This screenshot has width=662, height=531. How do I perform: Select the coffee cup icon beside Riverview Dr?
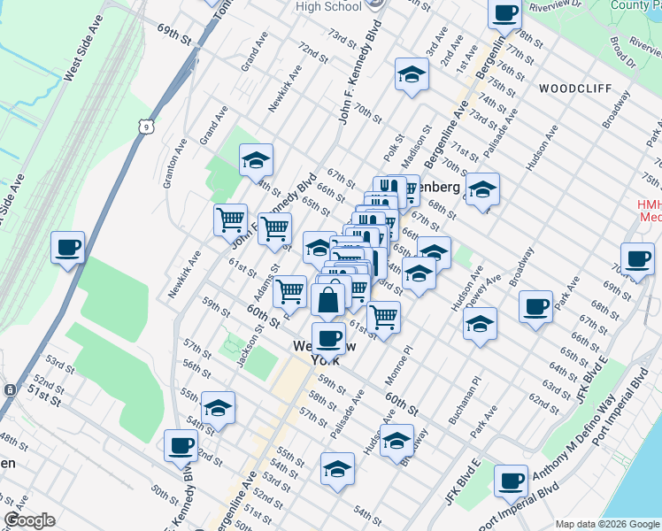pyautogui.click(x=504, y=13)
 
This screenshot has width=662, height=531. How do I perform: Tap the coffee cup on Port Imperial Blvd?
pyautogui.click(x=510, y=481)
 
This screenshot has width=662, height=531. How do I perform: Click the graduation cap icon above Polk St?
pyautogui.click(x=411, y=74)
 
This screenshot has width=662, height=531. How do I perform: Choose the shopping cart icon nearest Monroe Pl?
pyautogui.click(x=383, y=316)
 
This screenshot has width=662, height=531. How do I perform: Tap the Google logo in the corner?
pyautogui.click(x=30, y=520)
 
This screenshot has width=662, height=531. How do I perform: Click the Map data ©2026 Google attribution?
pyautogui.click(x=606, y=524)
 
